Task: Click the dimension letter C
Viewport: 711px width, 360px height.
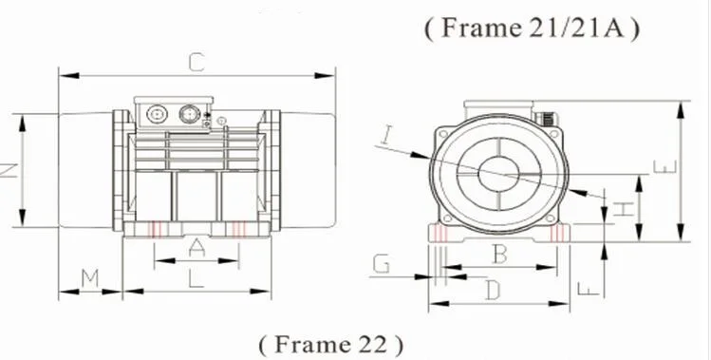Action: pos(196,63)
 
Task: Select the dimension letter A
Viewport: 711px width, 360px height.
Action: pos(196,248)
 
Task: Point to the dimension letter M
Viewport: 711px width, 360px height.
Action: pos(90,277)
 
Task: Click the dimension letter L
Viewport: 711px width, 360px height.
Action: pos(196,278)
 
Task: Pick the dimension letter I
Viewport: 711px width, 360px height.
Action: pos(386,135)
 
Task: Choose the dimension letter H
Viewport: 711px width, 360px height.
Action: pos(624,209)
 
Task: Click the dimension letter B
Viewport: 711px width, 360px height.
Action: pos(499,255)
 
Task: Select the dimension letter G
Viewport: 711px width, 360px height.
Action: pos(382,264)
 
